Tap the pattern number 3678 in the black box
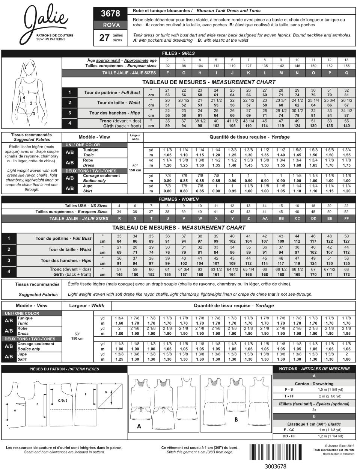pyautogui.click(x=110, y=14)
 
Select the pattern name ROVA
pyautogui.click(x=110, y=25)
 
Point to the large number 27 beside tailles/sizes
pyautogui.click(x=104, y=38)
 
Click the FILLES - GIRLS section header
pyautogui.click(x=178, y=53)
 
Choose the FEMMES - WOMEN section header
pyautogui.click(x=178, y=199)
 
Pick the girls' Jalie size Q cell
pyautogui.click(x=346, y=73)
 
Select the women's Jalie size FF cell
pyautogui.click(x=346, y=218)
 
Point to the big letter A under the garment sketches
pyautogui.click(x=139, y=426)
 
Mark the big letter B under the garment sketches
pyautogui.click(x=236, y=420)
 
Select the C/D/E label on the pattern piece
pyautogui.click(x=62, y=400)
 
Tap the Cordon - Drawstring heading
pyautogui.click(x=314, y=384)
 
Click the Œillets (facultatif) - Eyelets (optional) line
pyautogui.click(x=314, y=404)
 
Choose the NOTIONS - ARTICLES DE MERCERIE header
pyautogui.click(x=314, y=369)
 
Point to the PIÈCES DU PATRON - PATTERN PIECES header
pyautogui.click(x=64, y=369)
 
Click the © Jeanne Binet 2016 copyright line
pyautogui.click(x=334, y=446)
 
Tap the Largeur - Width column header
pyautogui.click(x=87, y=305)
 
